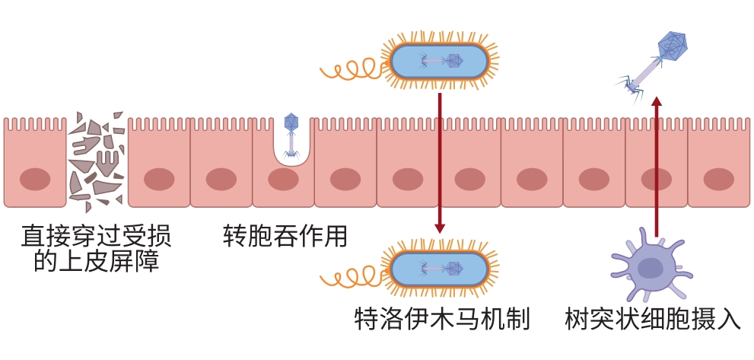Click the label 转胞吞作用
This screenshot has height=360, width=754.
click(285, 237)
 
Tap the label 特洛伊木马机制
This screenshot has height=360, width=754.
click(441, 318)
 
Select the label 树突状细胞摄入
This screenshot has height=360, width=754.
click(653, 318)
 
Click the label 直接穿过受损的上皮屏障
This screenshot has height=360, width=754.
click(97, 249)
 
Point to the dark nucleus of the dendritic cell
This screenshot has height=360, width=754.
click(651, 268)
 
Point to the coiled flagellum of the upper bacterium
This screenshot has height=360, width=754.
click(350, 68)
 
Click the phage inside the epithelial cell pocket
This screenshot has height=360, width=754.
click(291, 135)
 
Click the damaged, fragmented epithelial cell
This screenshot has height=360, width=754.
click(96, 162)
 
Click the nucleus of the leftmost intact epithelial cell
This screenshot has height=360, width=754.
click(34, 180)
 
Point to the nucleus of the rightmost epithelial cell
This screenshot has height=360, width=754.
click(718, 180)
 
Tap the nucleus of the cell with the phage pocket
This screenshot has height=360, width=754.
click(283, 180)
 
